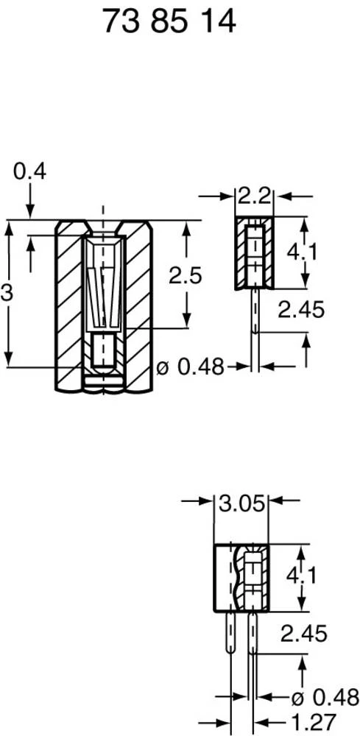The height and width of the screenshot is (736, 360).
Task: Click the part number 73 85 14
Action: click(x=169, y=22)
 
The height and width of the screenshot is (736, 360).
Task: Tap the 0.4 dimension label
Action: click(x=29, y=171)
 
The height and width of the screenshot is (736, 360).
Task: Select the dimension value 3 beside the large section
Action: click(x=7, y=293)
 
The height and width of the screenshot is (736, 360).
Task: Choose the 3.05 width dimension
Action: click(x=242, y=505)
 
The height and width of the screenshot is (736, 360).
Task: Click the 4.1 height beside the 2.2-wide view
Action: click(x=302, y=252)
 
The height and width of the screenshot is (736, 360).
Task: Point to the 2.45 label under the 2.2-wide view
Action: click(x=300, y=311)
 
